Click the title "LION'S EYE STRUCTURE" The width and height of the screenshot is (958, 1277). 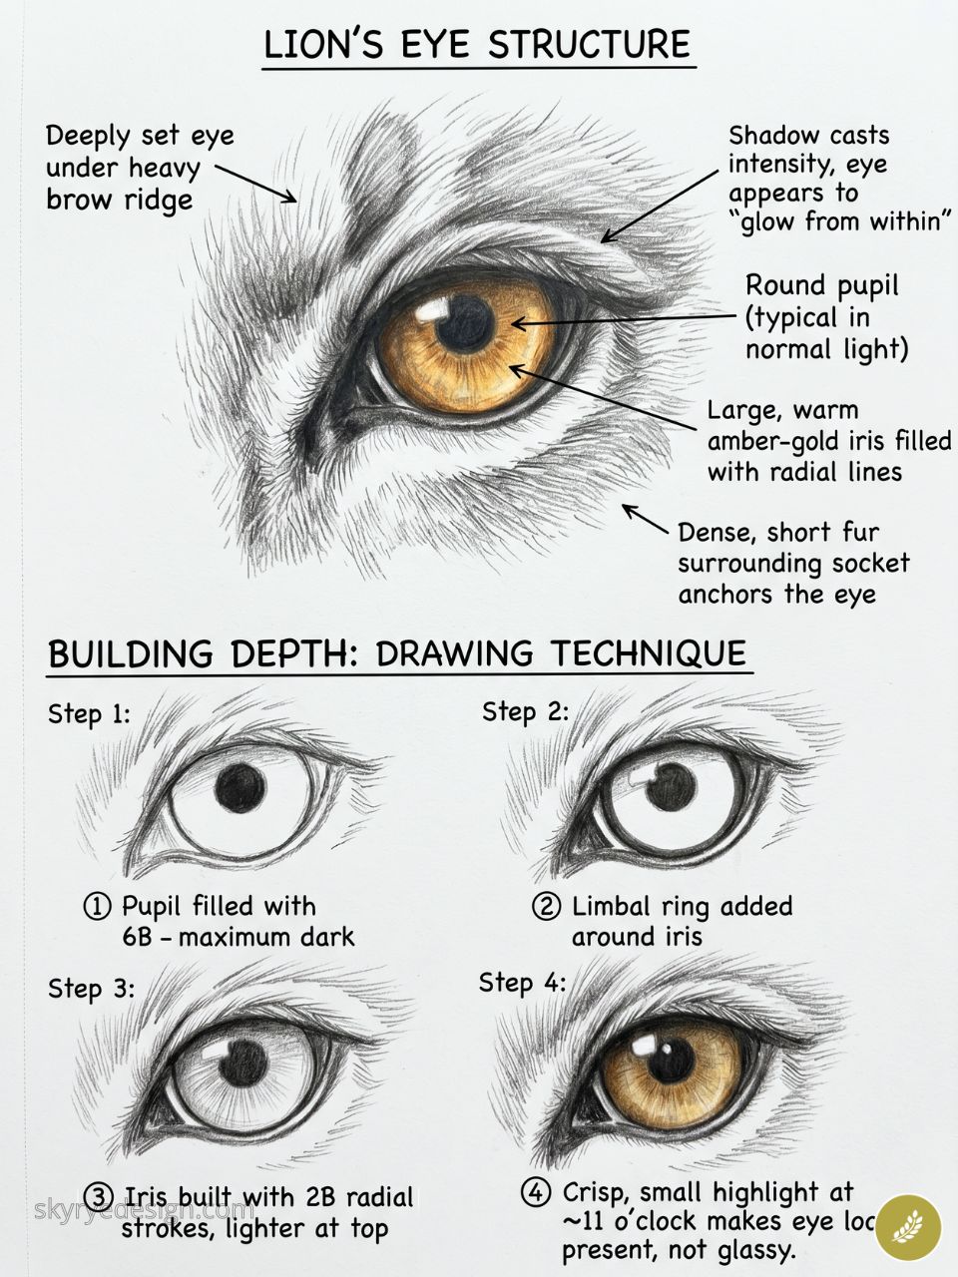click(477, 46)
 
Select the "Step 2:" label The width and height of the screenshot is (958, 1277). click(525, 711)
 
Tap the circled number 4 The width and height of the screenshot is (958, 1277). click(536, 1192)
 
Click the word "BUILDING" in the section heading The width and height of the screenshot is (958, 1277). click(132, 654)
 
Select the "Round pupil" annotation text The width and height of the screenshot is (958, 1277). click(821, 285)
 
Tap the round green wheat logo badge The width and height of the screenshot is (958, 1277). click(908, 1226)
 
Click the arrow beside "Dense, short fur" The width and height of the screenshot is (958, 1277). click(645, 519)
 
